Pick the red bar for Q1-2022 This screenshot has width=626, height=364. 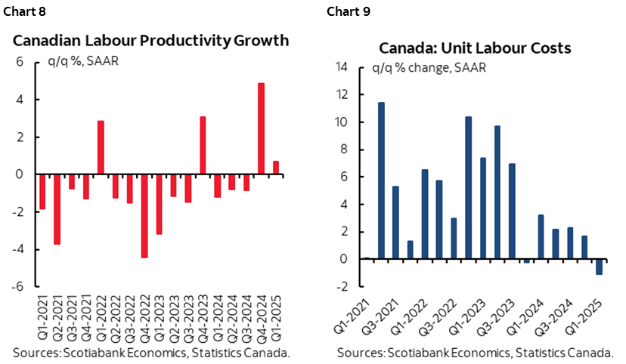tap(101, 147)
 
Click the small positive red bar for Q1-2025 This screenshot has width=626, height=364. tap(275, 168)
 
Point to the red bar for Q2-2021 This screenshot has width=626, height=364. tap(57, 209)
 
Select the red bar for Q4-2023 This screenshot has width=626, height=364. tap(203, 145)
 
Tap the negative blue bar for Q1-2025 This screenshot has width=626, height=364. tap(600, 267)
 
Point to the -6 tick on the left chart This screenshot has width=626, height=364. tap(21, 287)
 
